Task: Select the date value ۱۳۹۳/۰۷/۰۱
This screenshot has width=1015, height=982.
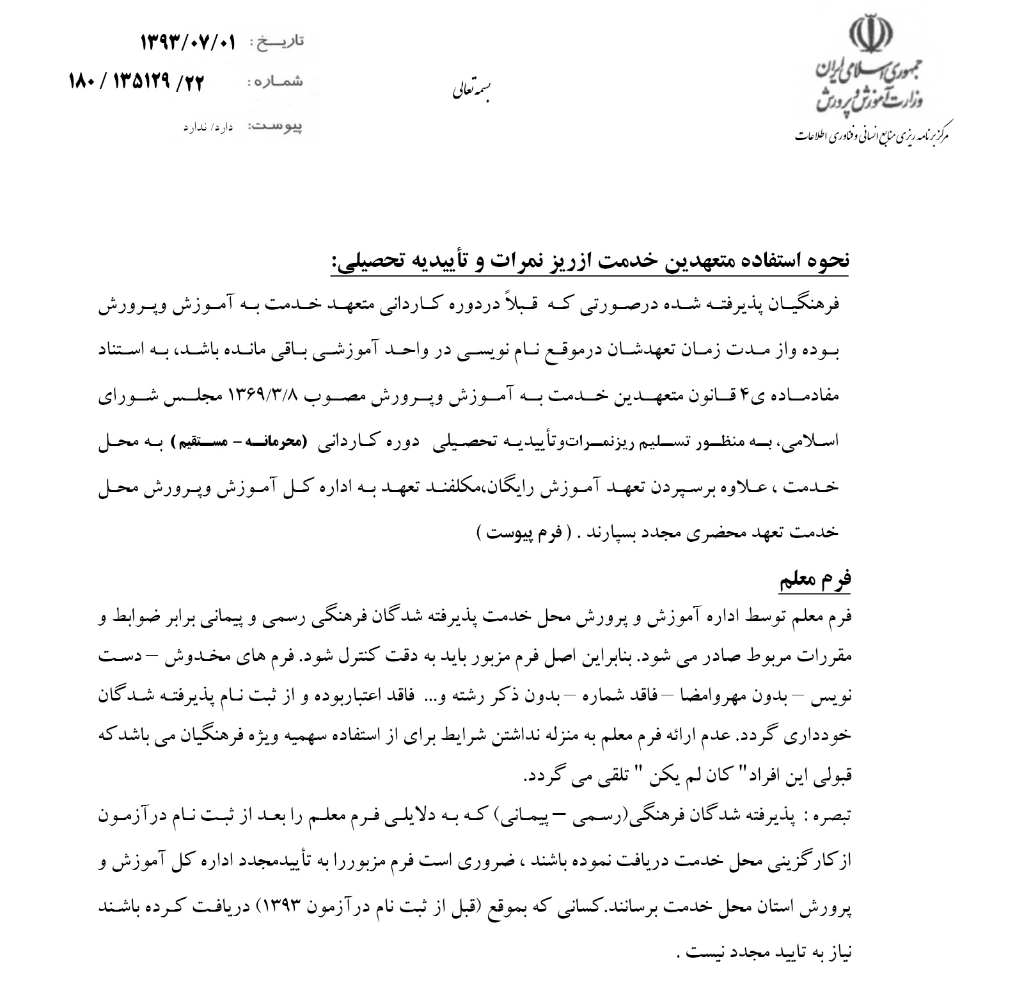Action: (188, 44)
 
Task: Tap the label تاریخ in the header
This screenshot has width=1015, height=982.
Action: (279, 42)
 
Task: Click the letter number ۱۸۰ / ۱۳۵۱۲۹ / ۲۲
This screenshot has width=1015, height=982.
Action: (135, 83)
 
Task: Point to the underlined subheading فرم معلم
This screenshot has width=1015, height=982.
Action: (815, 580)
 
